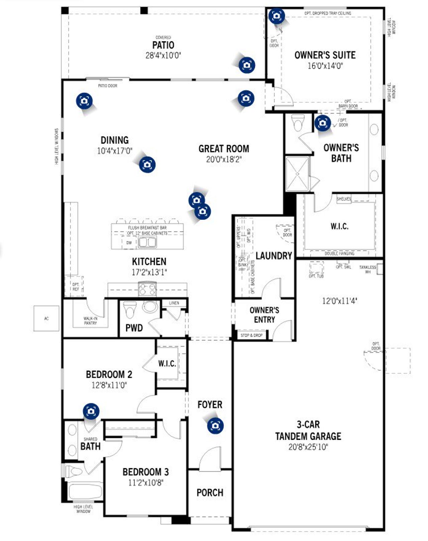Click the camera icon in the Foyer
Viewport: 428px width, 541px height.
pos(215,426)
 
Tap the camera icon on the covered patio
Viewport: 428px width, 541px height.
pos(247,65)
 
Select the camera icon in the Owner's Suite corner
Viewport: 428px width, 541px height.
pos(277,16)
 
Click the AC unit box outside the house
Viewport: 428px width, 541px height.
pos(46,319)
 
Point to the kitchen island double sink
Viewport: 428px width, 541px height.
pos(147,241)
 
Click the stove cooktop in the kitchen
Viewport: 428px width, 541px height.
pos(147,289)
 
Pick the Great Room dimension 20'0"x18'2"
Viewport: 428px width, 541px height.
pos(223,159)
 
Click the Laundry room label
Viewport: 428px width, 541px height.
pos(274,256)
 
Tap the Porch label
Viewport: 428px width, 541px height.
pos(210,493)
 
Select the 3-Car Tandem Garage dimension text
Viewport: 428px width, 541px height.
pos(308,447)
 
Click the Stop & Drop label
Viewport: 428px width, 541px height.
pos(251,335)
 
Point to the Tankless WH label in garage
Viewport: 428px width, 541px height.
pos(367,269)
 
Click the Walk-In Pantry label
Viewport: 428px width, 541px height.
pos(90,321)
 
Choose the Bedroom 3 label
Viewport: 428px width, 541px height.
pos(145,472)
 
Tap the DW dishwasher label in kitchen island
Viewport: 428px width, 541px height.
pos(129,243)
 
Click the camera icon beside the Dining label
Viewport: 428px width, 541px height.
pos(147,164)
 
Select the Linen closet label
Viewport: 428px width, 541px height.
pos(174,303)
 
